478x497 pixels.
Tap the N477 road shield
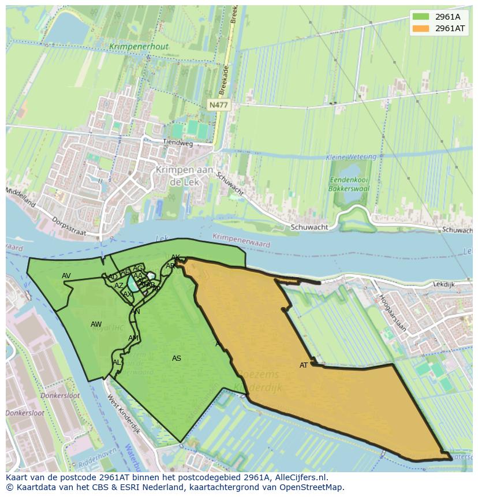218,104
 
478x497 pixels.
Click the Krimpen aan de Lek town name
184,175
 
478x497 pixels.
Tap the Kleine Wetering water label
351,157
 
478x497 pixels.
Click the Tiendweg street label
177,142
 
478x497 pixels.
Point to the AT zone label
304,365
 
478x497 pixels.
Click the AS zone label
177,358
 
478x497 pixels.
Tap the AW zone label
96,324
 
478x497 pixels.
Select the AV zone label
66,276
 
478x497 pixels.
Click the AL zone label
117,363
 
